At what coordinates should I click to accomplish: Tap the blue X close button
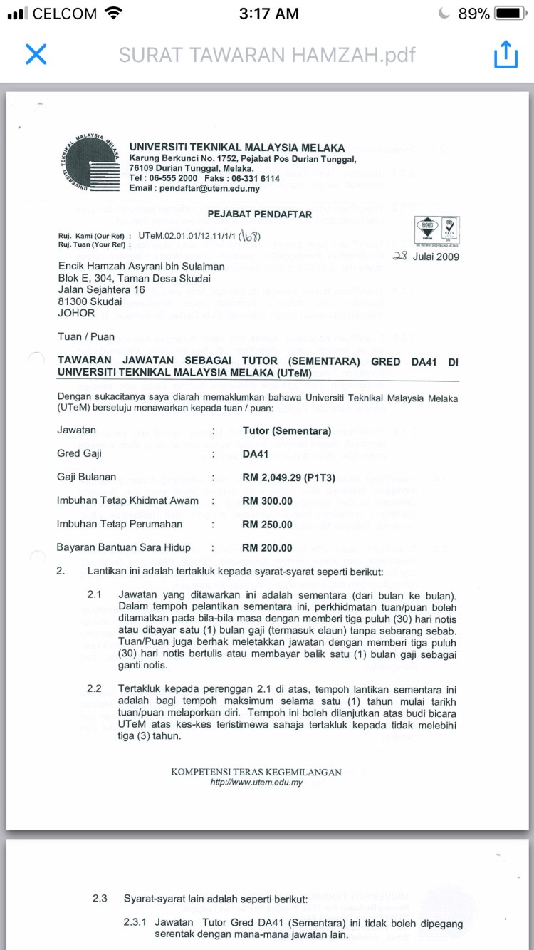coord(36,54)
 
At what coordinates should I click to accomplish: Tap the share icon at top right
coord(505,54)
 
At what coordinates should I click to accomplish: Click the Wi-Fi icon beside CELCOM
coord(112,14)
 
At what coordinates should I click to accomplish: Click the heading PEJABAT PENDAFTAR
coord(259,214)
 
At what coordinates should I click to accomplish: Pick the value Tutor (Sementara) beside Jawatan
coord(286,431)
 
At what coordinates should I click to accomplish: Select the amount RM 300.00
coord(267,501)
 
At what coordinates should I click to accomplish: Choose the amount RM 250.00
coord(267,525)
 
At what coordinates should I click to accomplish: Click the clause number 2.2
coord(94,688)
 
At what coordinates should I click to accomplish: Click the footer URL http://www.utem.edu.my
coord(256,782)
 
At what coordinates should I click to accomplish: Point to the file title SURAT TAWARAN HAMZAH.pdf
coord(267,54)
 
